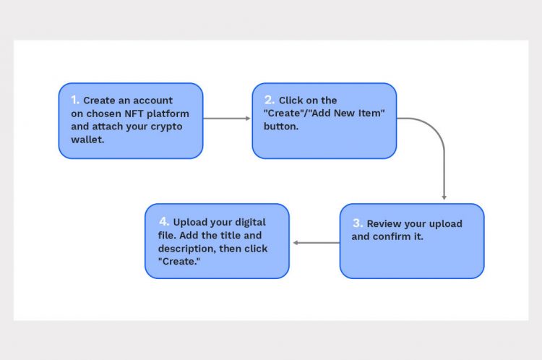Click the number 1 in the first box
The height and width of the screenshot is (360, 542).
pos(75,100)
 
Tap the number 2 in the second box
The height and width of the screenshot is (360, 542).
pos(269,100)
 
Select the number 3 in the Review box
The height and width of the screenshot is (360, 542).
pos(357,223)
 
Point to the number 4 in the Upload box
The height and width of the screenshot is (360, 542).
pos(163,221)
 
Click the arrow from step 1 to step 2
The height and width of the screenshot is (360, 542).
pos(227,119)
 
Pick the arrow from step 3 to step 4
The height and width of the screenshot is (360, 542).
pos(316,242)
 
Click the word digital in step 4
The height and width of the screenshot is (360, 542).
pos(248,222)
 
